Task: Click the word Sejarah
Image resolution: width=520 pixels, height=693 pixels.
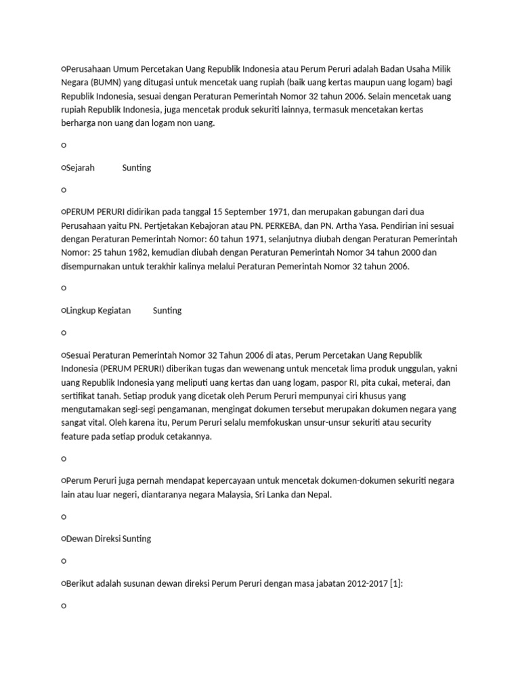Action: (80, 168)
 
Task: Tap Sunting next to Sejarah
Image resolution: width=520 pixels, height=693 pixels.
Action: (137, 168)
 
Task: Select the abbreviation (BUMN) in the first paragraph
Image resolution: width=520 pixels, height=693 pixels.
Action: (103, 83)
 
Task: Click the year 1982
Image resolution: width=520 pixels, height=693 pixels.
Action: (144, 254)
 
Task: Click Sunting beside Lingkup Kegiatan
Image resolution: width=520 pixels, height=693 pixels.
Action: (167, 311)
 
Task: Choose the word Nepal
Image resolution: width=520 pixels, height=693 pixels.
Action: (320, 495)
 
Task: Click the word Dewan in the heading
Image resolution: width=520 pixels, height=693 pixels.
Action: (79, 539)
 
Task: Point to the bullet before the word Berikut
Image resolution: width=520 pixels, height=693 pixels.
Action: (63, 583)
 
